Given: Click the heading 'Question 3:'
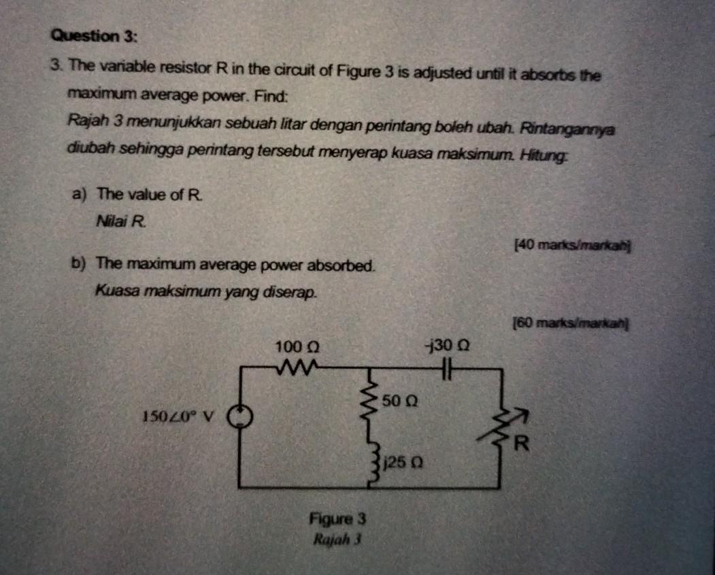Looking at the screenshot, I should click(95, 36).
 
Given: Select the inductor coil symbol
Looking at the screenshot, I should click(372, 463).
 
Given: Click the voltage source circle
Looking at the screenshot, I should click(240, 416).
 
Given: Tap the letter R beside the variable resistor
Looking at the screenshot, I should click(521, 446).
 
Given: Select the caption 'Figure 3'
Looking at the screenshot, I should click(337, 519).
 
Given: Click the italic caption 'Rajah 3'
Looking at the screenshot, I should click(336, 540).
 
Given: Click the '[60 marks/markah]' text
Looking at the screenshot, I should click(570, 323).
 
